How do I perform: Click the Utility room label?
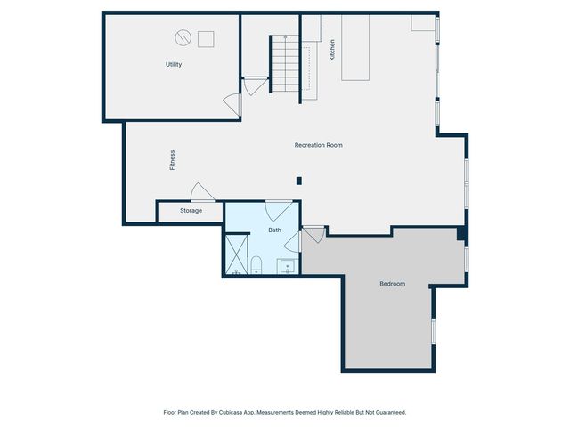[x=174, y=65]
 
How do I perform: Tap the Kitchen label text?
[x=332, y=50]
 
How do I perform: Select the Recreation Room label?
[x=319, y=145]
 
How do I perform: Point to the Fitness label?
[x=173, y=160]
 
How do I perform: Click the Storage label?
[x=191, y=211]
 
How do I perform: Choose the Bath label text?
[x=275, y=230]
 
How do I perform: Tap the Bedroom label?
[x=392, y=284]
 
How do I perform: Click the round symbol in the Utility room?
[x=183, y=37]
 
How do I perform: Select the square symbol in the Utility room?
[x=206, y=38]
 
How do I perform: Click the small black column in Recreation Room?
[x=299, y=181]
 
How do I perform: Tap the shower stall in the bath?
[x=236, y=254]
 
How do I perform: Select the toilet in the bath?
[x=256, y=264]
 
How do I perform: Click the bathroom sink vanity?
[x=288, y=265]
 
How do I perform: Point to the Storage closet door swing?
[x=200, y=192]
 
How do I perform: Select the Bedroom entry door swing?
[x=313, y=234]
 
